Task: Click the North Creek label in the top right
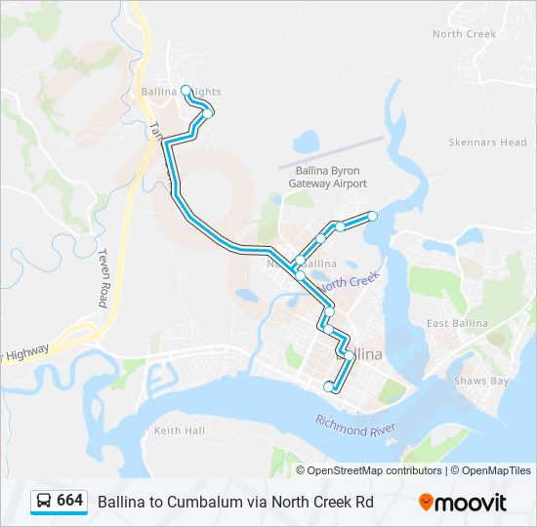click(465, 34)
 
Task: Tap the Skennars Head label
click(487, 142)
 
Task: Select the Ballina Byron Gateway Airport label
click(328, 177)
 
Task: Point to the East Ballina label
click(457, 323)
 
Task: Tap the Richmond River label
click(354, 426)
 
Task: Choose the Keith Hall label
click(180, 430)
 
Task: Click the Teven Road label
click(102, 277)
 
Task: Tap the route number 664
click(69, 500)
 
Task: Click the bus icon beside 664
click(44, 501)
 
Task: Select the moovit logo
click(463, 503)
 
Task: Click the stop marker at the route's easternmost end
click(372, 216)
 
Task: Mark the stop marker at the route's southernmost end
click(329, 387)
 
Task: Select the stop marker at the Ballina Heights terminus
click(186, 90)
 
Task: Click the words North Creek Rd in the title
click(328, 501)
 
